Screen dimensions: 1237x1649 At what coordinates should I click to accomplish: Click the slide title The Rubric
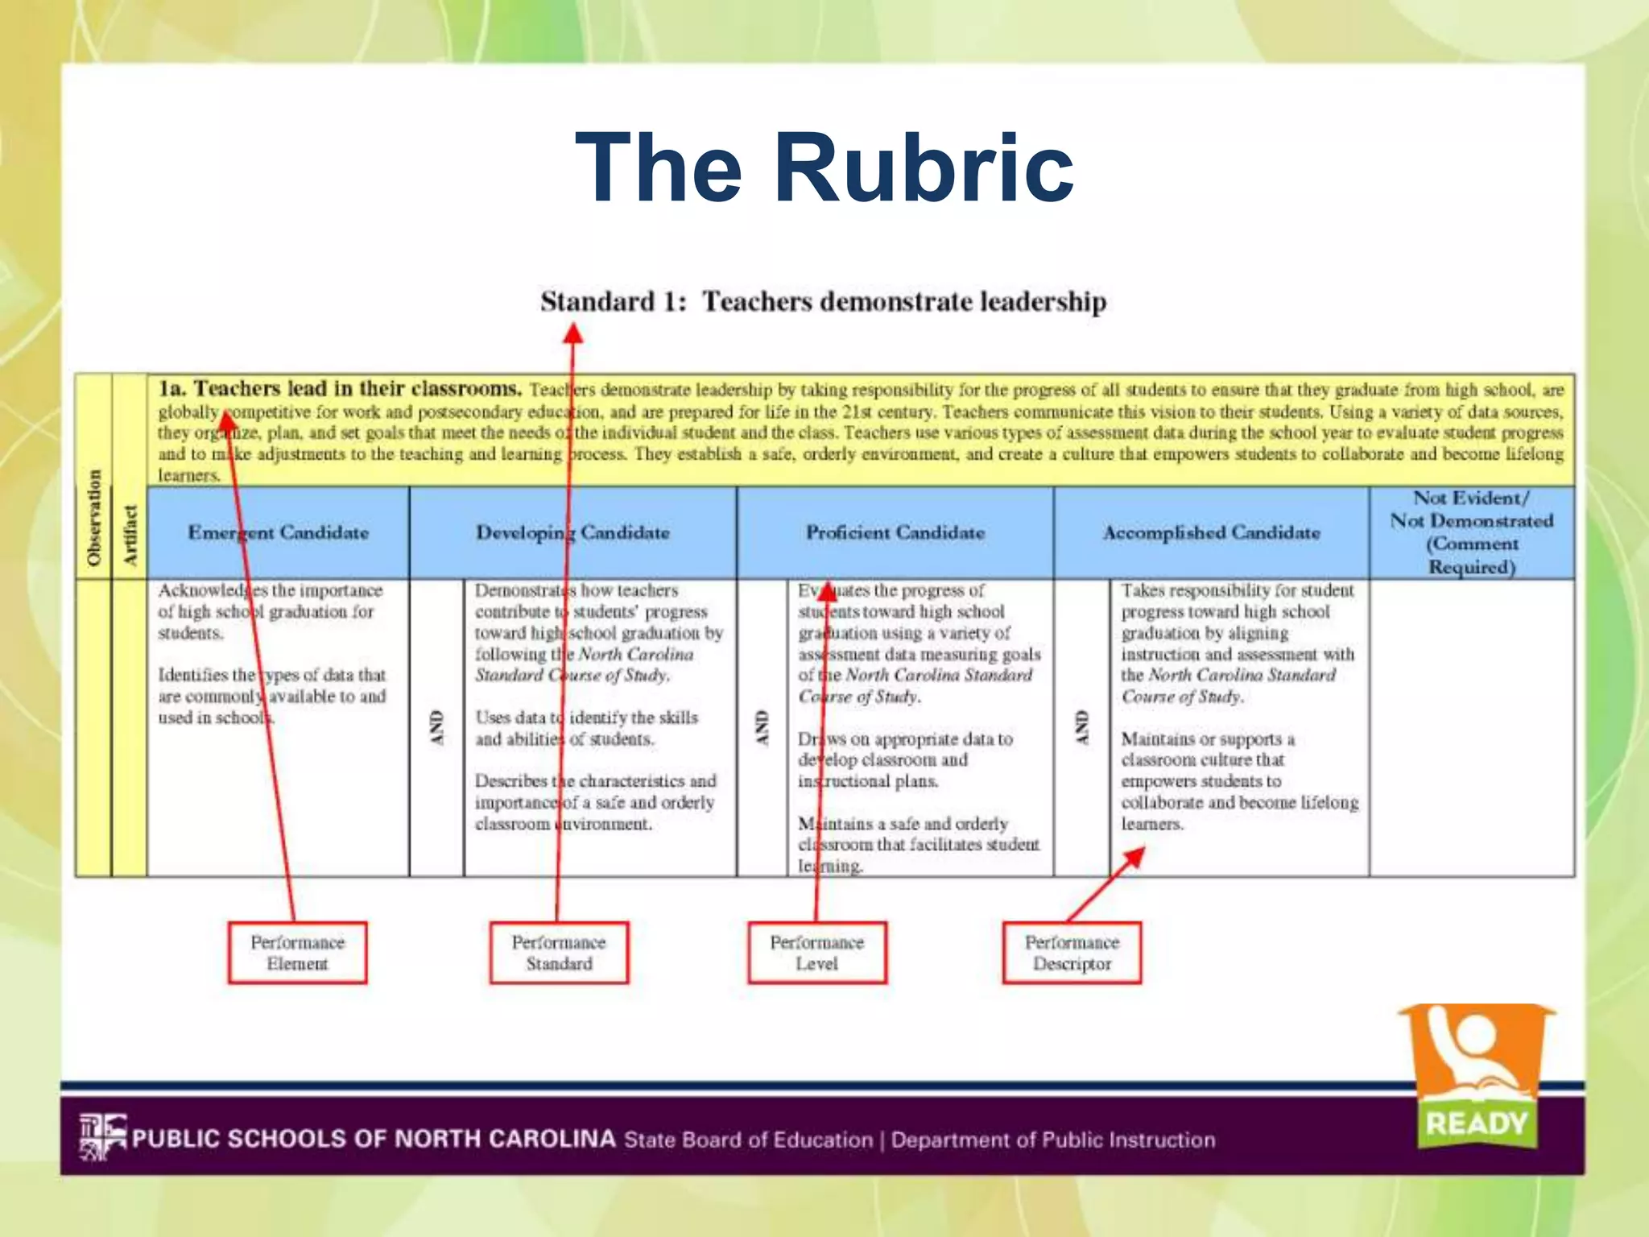pos(824,168)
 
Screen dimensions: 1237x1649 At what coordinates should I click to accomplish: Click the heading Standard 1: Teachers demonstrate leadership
pos(823,302)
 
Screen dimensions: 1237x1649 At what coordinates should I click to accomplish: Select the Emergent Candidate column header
pos(278,532)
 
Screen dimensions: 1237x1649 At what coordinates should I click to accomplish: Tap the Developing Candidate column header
pos(572,532)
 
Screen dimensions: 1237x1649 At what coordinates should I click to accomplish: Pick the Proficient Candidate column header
pos(895,532)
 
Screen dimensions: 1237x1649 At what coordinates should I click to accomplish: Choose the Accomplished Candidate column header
pos(1211,532)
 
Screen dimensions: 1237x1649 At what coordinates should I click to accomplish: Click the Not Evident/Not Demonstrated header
pos(1471,532)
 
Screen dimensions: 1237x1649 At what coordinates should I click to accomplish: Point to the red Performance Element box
pos(297,953)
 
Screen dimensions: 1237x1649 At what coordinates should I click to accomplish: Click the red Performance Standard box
pos(559,953)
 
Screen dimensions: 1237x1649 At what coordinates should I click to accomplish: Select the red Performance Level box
pos(816,953)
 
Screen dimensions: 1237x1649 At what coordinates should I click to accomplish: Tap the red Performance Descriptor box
pos(1072,953)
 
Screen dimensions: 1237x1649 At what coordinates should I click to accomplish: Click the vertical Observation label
pos(94,517)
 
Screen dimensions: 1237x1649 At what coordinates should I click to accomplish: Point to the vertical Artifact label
pos(130,534)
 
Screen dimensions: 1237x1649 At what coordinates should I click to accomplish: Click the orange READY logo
pos(1476,1075)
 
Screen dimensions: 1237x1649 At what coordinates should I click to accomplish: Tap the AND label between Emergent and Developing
pos(437,727)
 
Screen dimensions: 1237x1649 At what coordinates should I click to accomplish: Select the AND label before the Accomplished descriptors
pos(1081,727)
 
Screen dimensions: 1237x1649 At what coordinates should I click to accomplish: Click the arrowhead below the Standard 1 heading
pos(572,333)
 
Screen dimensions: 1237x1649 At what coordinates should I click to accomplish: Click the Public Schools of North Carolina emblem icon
pos(102,1136)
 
